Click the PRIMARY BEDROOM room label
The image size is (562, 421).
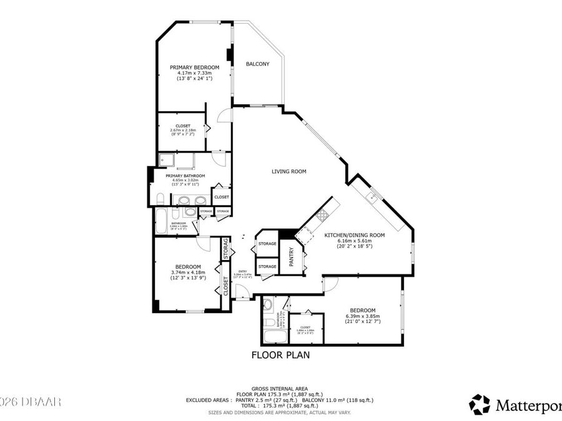coord(194,67)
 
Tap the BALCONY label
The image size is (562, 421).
coord(257,64)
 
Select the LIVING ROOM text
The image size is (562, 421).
coord(288,172)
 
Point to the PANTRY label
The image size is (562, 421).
coord(291,257)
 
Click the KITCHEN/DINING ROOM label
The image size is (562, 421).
coord(354,235)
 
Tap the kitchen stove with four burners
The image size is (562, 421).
coord(323,216)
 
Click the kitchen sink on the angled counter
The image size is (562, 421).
coord(373,198)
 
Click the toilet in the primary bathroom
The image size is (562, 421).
coord(160,200)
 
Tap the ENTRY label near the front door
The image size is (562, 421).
coord(242,271)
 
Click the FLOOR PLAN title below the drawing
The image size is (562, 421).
coord(280,356)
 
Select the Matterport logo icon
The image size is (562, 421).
coord(479,404)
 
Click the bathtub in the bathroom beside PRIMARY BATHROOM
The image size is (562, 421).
coord(164,221)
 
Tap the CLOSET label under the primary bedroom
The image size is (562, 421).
coord(183,126)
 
